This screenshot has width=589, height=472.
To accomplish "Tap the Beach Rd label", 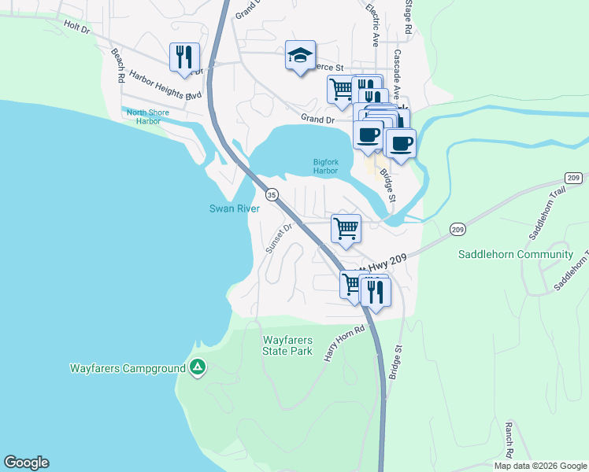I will pyautogui.click(x=118, y=66).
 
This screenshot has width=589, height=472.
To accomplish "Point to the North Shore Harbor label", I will pyautogui.click(x=148, y=116).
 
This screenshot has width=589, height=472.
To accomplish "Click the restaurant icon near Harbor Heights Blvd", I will pyautogui.click(x=184, y=57).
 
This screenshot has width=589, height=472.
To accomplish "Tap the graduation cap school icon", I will pyautogui.click(x=300, y=55).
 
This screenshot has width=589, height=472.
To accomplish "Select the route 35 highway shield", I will pyautogui.click(x=272, y=194).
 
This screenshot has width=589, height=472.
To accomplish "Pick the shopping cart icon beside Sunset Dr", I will pyautogui.click(x=346, y=229).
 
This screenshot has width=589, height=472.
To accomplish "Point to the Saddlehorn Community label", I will pyautogui.click(x=516, y=254).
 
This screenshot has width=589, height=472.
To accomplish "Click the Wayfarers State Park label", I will pyautogui.click(x=287, y=345).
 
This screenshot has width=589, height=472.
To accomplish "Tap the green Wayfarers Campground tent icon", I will pyautogui.click(x=198, y=367).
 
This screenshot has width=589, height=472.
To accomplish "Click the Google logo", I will pyautogui.click(x=26, y=463).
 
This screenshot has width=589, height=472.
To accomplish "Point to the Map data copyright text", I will pyautogui.click(x=539, y=466).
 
